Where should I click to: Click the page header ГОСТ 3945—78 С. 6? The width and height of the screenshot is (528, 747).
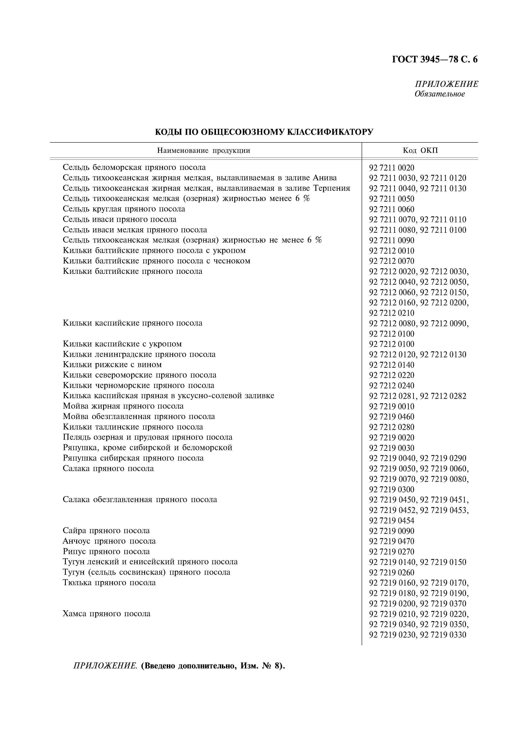(x=435, y=60)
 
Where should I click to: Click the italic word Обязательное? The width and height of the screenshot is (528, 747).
(x=440, y=94)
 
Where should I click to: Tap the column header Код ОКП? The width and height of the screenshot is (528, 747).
(x=420, y=151)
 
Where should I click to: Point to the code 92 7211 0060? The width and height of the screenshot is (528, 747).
(x=392, y=209)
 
